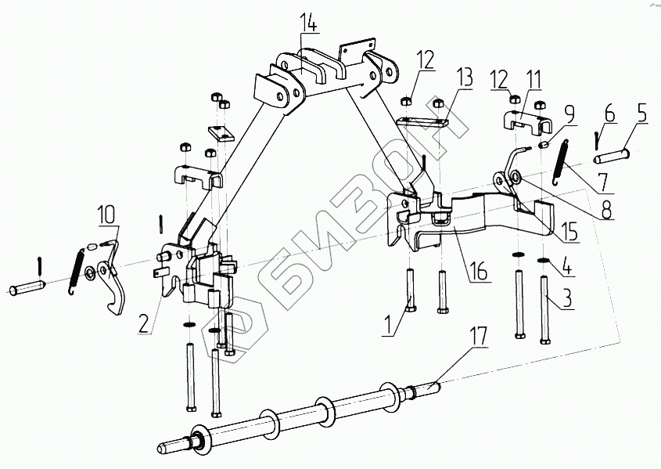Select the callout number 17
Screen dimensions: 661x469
pyautogui.click(x=478, y=336)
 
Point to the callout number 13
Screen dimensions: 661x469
pyautogui.click(x=463, y=78)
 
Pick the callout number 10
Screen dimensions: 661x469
pyautogui.click(x=106, y=215)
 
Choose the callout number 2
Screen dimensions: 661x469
pyautogui.click(x=144, y=324)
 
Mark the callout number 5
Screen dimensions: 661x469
pyautogui.click(x=641, y=113)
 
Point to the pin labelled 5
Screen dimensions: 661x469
pyautogui.click(x=612, y=157)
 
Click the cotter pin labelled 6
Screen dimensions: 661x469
pyautogui.click(x=596, y=140)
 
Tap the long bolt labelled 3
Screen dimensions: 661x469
pyautogui.click(x=545, y=310)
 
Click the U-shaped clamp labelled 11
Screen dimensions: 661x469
pyautogui.click(x=523, y=122)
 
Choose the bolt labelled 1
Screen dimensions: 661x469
pyautogui.click(x=411, y=290)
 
